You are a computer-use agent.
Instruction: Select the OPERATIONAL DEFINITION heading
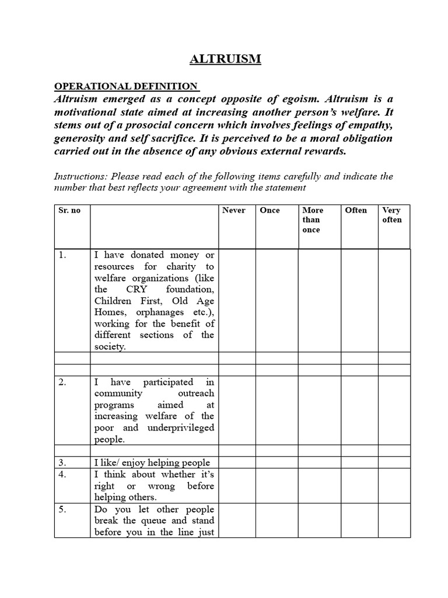(126, 86)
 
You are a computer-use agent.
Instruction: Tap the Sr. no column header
(69, 210)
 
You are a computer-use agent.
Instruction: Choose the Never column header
(234, 210)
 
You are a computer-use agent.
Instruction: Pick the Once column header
(269, 210)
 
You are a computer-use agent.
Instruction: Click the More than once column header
(313, 220)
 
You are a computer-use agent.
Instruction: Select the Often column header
(356, 210)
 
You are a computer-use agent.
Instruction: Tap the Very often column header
(392, 215)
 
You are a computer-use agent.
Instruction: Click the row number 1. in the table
(63, 255)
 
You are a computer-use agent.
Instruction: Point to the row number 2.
(63, 382)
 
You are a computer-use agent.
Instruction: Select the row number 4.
(63, 475)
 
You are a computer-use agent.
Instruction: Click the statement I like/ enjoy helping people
(152, 463)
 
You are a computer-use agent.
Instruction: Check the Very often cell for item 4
(394, 486)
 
